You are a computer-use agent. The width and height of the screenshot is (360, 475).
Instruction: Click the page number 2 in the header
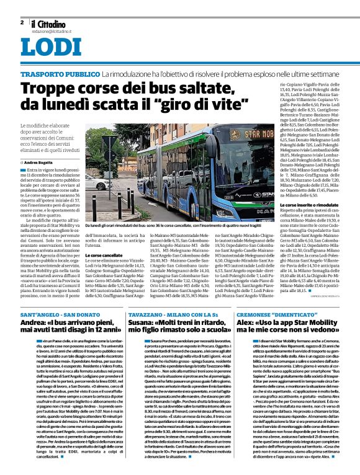22,22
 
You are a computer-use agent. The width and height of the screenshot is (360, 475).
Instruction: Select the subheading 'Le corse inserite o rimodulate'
308,205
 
